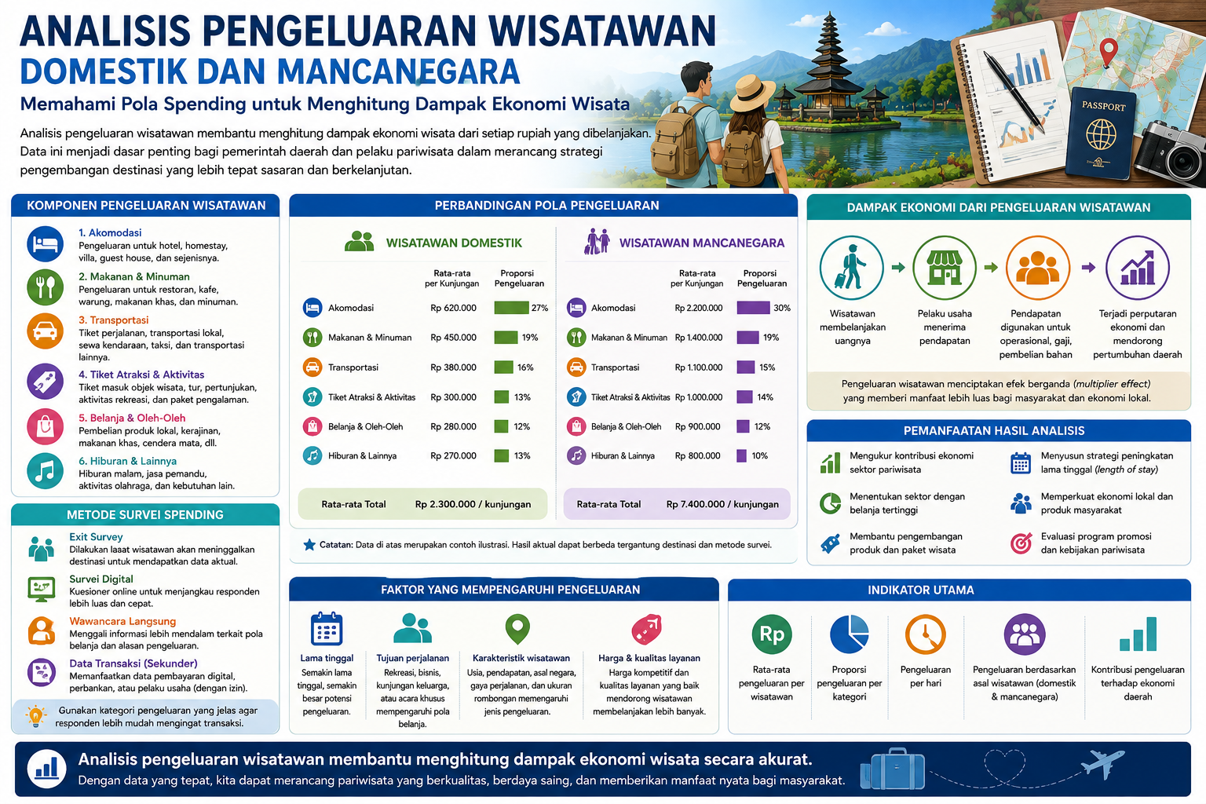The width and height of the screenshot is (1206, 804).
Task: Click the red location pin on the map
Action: click(1108, 51)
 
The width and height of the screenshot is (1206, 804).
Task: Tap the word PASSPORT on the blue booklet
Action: click(1103, 106)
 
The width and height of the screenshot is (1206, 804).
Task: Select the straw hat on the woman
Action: click(752, 93)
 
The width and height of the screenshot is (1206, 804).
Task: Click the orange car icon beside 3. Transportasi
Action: click(46, 331)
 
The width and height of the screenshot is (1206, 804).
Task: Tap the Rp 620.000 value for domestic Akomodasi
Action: click(453, 308)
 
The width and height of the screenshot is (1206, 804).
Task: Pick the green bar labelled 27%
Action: click(511, 308)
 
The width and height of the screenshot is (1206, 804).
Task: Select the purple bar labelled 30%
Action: click(753, 308)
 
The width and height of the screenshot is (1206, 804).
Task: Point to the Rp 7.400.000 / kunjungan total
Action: click(722, 504)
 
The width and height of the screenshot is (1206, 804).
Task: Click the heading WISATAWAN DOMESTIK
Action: click(454, 243)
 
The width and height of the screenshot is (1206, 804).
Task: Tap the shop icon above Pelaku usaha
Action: click(945, 268)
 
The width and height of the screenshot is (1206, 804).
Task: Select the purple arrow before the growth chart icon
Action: click(1089, 268)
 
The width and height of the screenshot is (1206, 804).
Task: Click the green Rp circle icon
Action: click(772, 634)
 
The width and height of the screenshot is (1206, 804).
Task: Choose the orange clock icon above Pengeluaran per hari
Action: click(926, 634)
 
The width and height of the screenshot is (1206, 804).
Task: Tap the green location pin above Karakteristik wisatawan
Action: click(517, 628)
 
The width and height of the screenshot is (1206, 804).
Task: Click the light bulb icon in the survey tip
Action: click(35, 716)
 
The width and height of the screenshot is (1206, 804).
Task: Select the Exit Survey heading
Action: click(96, 537)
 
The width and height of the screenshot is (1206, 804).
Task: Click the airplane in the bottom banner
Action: click(1103, 763)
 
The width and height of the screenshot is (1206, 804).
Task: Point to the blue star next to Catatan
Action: click(309, 545)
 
